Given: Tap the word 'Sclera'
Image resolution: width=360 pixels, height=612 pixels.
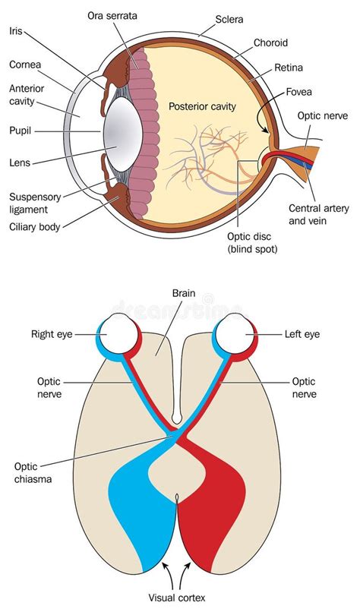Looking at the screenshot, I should pyautogui.click(x=229, y=18).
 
